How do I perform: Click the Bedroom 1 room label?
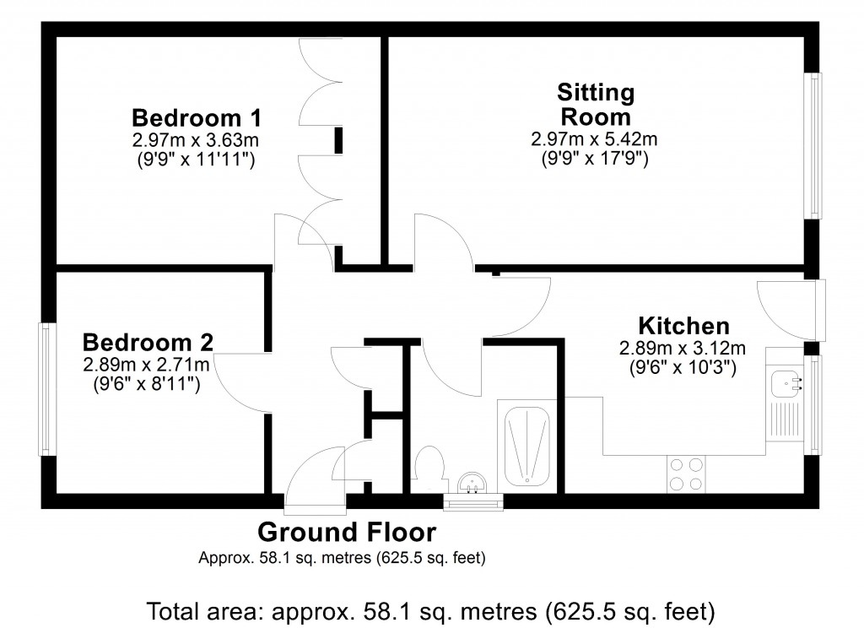196,116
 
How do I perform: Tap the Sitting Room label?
596,104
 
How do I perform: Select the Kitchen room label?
683,325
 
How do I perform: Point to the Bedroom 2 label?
148,342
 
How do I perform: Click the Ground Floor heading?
347,533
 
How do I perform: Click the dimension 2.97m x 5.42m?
594,138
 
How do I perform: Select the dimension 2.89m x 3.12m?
683,348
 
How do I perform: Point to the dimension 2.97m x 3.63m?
194,138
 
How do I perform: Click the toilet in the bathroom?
430,468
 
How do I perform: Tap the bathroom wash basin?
472,485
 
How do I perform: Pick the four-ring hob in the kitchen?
686,474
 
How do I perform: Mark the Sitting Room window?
813,146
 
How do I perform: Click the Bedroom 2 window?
47,389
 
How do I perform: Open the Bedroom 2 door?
240,384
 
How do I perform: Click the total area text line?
431,609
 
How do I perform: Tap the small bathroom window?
473,504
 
